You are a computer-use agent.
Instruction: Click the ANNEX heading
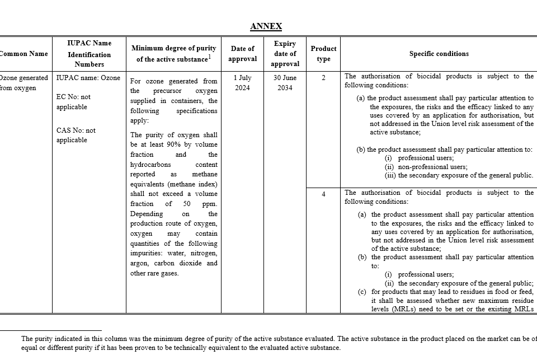coord(266,26)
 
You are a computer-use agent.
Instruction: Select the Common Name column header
coord(23,54)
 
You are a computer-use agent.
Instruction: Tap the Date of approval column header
coord(243,54)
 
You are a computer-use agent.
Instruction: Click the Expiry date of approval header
coord(285,54)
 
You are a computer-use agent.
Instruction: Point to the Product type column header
coord(323,54)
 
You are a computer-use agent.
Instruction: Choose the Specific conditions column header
coord(439,54)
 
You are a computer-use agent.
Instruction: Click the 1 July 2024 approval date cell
coord(243,83)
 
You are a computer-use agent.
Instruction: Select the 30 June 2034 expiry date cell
coord(285,83)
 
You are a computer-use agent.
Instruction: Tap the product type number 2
coord(323,78)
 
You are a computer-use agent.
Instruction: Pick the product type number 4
coord(323,194)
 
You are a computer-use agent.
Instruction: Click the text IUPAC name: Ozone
coord(88,78)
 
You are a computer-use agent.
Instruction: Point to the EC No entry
coord(73,102)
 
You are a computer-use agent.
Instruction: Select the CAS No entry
coord(76,135)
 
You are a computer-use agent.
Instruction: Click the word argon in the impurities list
coord(139,263)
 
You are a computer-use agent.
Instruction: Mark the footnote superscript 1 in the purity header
coord(209,57)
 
